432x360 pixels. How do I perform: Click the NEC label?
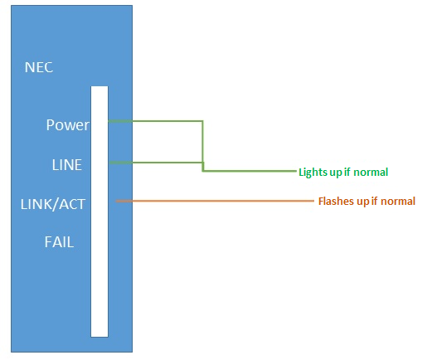coord(39,67)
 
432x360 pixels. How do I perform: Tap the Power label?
coord(68,124)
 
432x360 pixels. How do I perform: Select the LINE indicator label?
coord(67,165)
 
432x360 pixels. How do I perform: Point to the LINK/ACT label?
coord(53,204)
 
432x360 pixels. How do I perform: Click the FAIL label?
coord(59,242)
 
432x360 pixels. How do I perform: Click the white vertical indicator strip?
coord(100,212)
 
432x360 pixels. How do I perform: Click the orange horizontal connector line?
coord(215,201)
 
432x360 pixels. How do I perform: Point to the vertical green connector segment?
coord(202,146)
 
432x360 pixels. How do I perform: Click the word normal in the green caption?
coord(371,172)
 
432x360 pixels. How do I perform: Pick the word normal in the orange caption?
coord(398,201)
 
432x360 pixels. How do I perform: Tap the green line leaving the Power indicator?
coord(155,121)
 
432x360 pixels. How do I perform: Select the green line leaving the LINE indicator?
coord(156,163)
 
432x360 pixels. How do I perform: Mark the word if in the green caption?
coord(347,172)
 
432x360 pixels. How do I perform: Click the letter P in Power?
coord(50,124)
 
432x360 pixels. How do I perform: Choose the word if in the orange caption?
coord(374,201)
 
